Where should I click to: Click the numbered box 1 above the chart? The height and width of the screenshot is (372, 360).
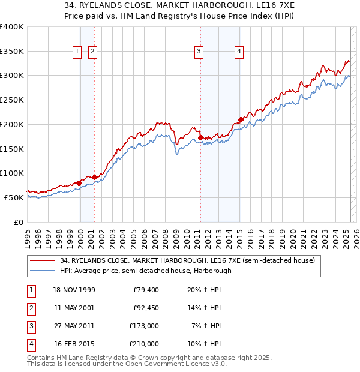78,52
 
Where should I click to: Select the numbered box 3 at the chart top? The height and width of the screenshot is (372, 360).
198,52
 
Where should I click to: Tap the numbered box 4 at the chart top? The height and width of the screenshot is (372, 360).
239,52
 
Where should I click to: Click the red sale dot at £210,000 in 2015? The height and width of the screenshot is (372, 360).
240,119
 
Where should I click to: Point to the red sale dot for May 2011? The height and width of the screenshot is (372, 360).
200,137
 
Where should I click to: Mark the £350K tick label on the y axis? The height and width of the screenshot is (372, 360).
12,52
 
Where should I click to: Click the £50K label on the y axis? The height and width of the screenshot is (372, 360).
14,197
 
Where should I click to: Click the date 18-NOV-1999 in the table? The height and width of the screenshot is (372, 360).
74,290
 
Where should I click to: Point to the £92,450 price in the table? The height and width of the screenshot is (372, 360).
145,308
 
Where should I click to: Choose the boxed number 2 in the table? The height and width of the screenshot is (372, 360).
31,308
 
